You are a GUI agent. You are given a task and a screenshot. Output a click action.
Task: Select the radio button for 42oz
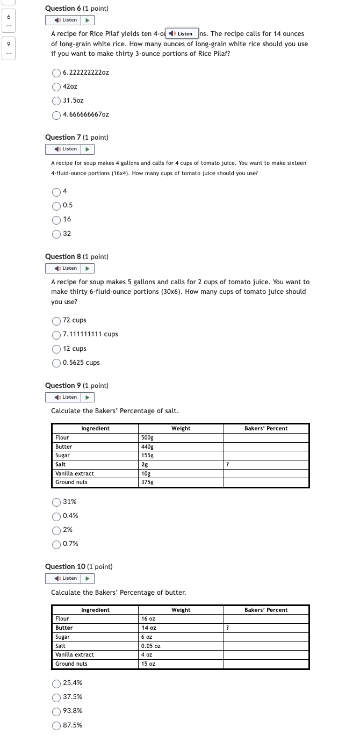[56, 87]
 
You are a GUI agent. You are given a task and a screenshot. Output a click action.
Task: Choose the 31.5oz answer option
[56, 100]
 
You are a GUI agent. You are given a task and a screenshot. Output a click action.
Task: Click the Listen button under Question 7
[66, 149]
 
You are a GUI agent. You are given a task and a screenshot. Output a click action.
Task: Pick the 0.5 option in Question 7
[56, 205]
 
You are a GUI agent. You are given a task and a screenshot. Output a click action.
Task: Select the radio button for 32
[56, 234]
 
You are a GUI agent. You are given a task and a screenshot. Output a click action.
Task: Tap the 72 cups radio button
[56, 320]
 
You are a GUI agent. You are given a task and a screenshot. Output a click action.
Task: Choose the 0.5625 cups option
[56, 363]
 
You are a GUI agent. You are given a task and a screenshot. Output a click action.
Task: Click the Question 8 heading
[77, 257]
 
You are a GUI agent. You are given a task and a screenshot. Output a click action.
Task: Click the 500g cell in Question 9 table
[147, 438]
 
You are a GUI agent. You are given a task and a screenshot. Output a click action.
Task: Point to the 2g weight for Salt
[145, 464]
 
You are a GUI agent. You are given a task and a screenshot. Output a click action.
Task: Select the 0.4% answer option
[56, 516]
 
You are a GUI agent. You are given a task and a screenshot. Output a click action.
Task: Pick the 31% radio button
[56, 502]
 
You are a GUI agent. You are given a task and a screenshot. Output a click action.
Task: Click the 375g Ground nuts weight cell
[147, 482]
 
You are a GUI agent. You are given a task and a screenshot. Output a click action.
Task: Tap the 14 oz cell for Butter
[149, 628]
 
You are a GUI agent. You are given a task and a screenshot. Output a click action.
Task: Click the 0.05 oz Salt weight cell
[150, 646]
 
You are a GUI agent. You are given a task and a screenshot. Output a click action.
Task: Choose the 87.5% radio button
[56, 725]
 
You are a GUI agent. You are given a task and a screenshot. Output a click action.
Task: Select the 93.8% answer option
[56, 711]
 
